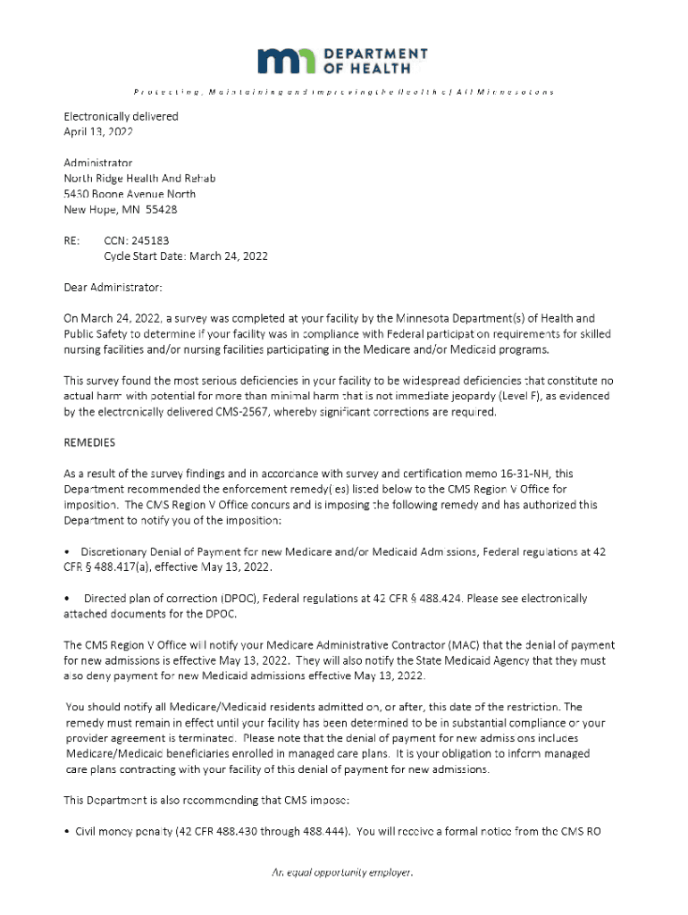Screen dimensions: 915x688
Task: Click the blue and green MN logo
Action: coord(286,61)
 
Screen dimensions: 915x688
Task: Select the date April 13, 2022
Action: coord(98,131)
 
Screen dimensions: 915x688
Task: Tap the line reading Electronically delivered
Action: coord(121,116)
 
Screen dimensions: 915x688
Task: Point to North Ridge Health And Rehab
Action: coord(139,178)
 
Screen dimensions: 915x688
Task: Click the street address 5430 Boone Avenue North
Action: coord(130,194)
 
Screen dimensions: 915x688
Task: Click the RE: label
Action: coord(71,240)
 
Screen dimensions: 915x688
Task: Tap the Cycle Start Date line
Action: coord(185,256)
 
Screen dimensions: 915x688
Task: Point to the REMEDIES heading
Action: coord(89,442)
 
